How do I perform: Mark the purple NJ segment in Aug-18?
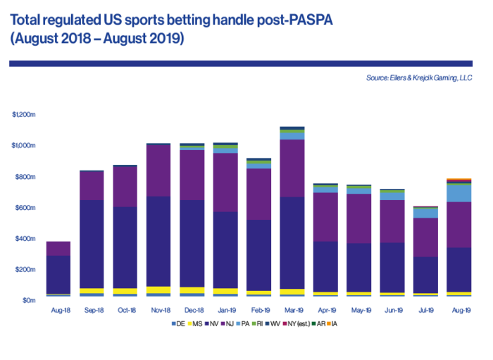coord(58,248)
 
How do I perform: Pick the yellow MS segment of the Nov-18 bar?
coord(158,290)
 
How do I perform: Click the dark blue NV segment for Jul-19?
coord(425,275)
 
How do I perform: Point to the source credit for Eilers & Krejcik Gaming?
coord(418,77)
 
